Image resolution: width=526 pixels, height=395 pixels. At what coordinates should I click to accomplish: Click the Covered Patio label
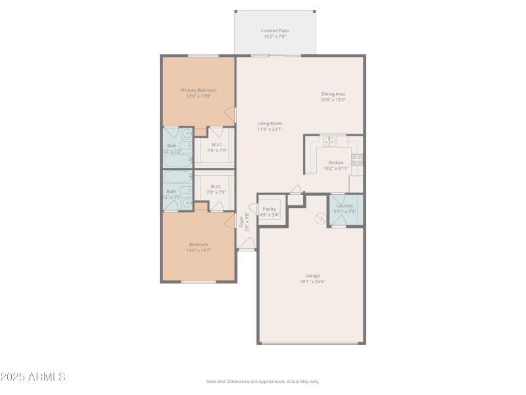(x=275, y=30)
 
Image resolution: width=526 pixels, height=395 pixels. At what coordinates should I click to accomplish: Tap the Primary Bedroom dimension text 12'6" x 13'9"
(x=199, y=96)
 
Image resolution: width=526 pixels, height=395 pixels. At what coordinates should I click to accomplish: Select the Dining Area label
(x=333, y=93)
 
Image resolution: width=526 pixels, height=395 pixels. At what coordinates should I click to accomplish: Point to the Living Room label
(x=270, y=123)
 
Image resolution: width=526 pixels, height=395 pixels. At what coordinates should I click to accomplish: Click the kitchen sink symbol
(x=329, y=141)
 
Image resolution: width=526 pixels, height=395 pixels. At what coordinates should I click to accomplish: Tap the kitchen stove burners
(x=357, y=159)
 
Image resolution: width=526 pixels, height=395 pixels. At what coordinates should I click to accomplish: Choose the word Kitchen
(x=336, y=163)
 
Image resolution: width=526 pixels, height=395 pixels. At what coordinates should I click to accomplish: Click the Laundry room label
(x=345, y=205)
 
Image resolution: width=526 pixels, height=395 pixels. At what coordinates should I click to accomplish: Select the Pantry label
(x=270, y=209)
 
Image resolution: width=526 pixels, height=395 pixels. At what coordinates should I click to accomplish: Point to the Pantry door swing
(x=297, y=190)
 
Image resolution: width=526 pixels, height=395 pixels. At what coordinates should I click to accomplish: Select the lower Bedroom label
(x=199, y=244)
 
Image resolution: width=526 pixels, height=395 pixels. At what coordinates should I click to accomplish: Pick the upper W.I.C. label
(x=218, y=144)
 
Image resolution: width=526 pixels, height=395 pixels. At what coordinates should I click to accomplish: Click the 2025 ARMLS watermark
(x=33, y=377)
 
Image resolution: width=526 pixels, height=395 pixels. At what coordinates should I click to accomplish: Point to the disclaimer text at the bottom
(x=262, y=381)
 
